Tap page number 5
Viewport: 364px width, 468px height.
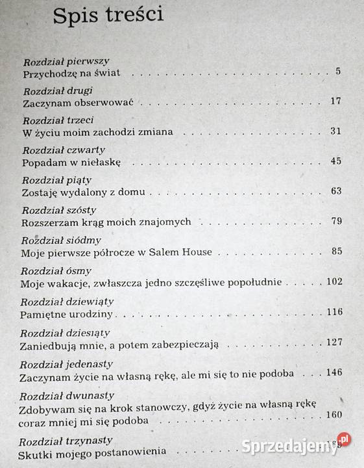point(338,71)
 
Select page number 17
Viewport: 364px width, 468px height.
point(335,101)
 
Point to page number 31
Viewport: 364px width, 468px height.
point(335,131)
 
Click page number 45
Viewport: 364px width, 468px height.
point(335,161)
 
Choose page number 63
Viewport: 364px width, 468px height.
point(335,191)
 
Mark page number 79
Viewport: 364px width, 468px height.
point(335,222)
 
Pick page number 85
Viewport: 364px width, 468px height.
point(335,252)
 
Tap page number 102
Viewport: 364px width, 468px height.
point(332,282)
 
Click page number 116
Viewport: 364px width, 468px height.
point(334,312)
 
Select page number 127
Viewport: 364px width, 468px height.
point(334,343)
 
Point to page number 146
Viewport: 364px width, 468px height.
point(334,373)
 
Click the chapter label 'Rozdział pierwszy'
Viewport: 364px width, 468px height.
point(67,62)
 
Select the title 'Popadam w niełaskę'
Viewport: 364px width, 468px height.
point(71,162)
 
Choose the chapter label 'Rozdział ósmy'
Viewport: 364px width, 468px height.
point(56,271)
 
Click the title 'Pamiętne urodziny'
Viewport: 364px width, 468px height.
point(67,313)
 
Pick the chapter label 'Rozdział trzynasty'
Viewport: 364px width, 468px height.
point(67,440)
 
